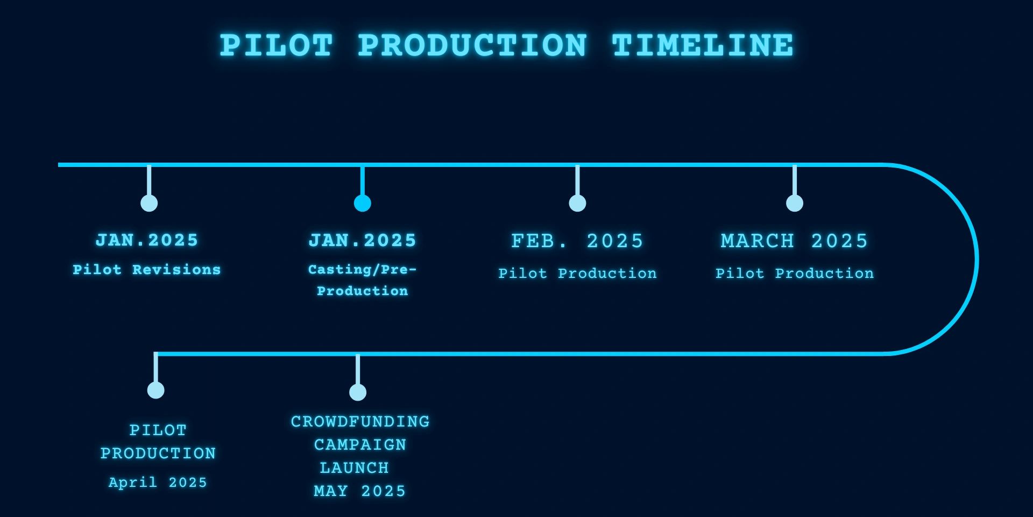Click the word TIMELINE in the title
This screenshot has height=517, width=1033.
(703, 45)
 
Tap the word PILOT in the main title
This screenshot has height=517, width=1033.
(277, 45)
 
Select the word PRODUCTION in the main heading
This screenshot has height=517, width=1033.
(472, 45)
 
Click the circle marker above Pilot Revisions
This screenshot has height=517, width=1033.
(149, 203)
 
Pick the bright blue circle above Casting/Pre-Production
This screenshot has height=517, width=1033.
(363, 203)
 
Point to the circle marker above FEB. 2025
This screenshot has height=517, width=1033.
(577, 203)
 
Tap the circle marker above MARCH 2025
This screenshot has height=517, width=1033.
(795, 203)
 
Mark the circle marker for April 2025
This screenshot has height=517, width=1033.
(156, 390)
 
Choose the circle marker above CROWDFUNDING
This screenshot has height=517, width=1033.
(358, 392)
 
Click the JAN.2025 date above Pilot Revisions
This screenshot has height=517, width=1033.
(147, 240)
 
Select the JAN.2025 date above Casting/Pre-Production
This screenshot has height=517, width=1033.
(363, 241)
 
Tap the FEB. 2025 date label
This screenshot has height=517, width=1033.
(577, 241)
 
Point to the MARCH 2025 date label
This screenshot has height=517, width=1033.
(795, 241)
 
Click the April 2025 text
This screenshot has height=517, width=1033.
(158, 482)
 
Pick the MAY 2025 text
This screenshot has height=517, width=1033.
(359, 491)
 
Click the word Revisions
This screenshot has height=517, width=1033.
(176, 270)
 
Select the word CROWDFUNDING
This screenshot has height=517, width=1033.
(360, 422)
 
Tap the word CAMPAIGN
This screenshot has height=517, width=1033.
(360, 445)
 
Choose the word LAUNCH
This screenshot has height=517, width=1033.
(354, 468)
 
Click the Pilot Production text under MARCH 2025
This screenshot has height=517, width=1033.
(795, 274)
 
